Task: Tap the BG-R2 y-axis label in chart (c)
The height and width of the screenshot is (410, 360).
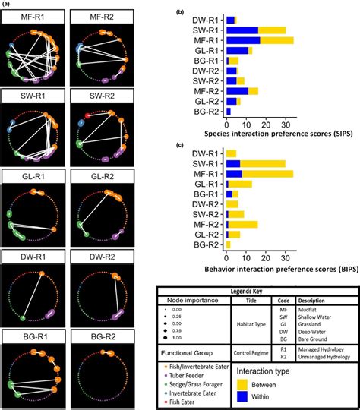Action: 209,245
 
